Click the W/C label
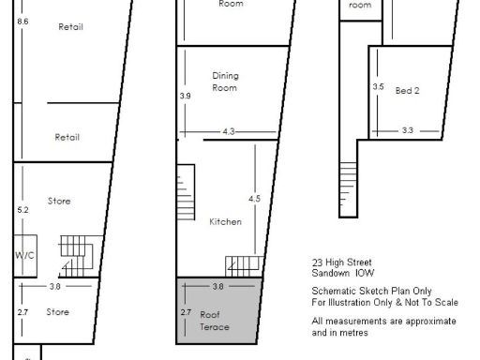pos(23,254)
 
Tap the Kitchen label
pos(225,222)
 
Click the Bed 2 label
pos(407,90)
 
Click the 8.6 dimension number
pos(23,21)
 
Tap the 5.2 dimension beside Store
pos(23,209)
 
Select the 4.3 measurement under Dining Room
pos(228,132)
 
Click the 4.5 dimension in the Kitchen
pos(254,199)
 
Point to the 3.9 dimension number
pos(185,96)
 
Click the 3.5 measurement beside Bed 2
pos(378,86)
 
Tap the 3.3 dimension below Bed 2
pos(407,130)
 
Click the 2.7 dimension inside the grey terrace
pos(185,310)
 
